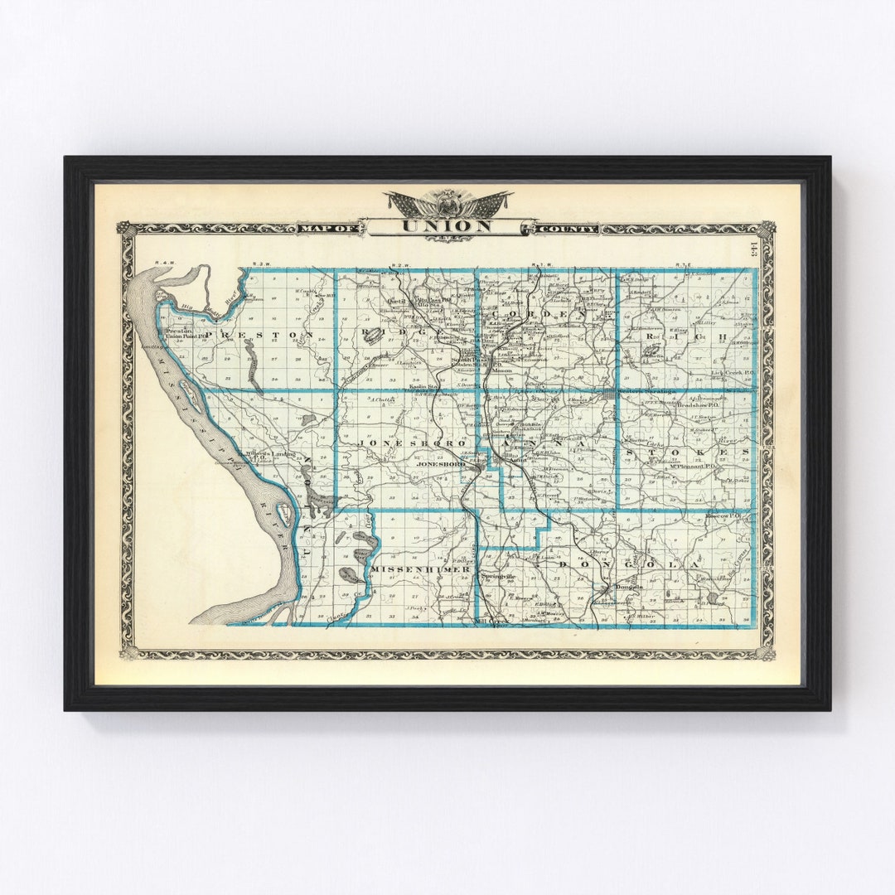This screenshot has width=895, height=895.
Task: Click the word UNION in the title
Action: click(447, 225)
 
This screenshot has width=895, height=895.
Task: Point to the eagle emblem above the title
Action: click(447, 201)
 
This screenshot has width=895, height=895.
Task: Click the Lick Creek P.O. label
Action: click(729, 374)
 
